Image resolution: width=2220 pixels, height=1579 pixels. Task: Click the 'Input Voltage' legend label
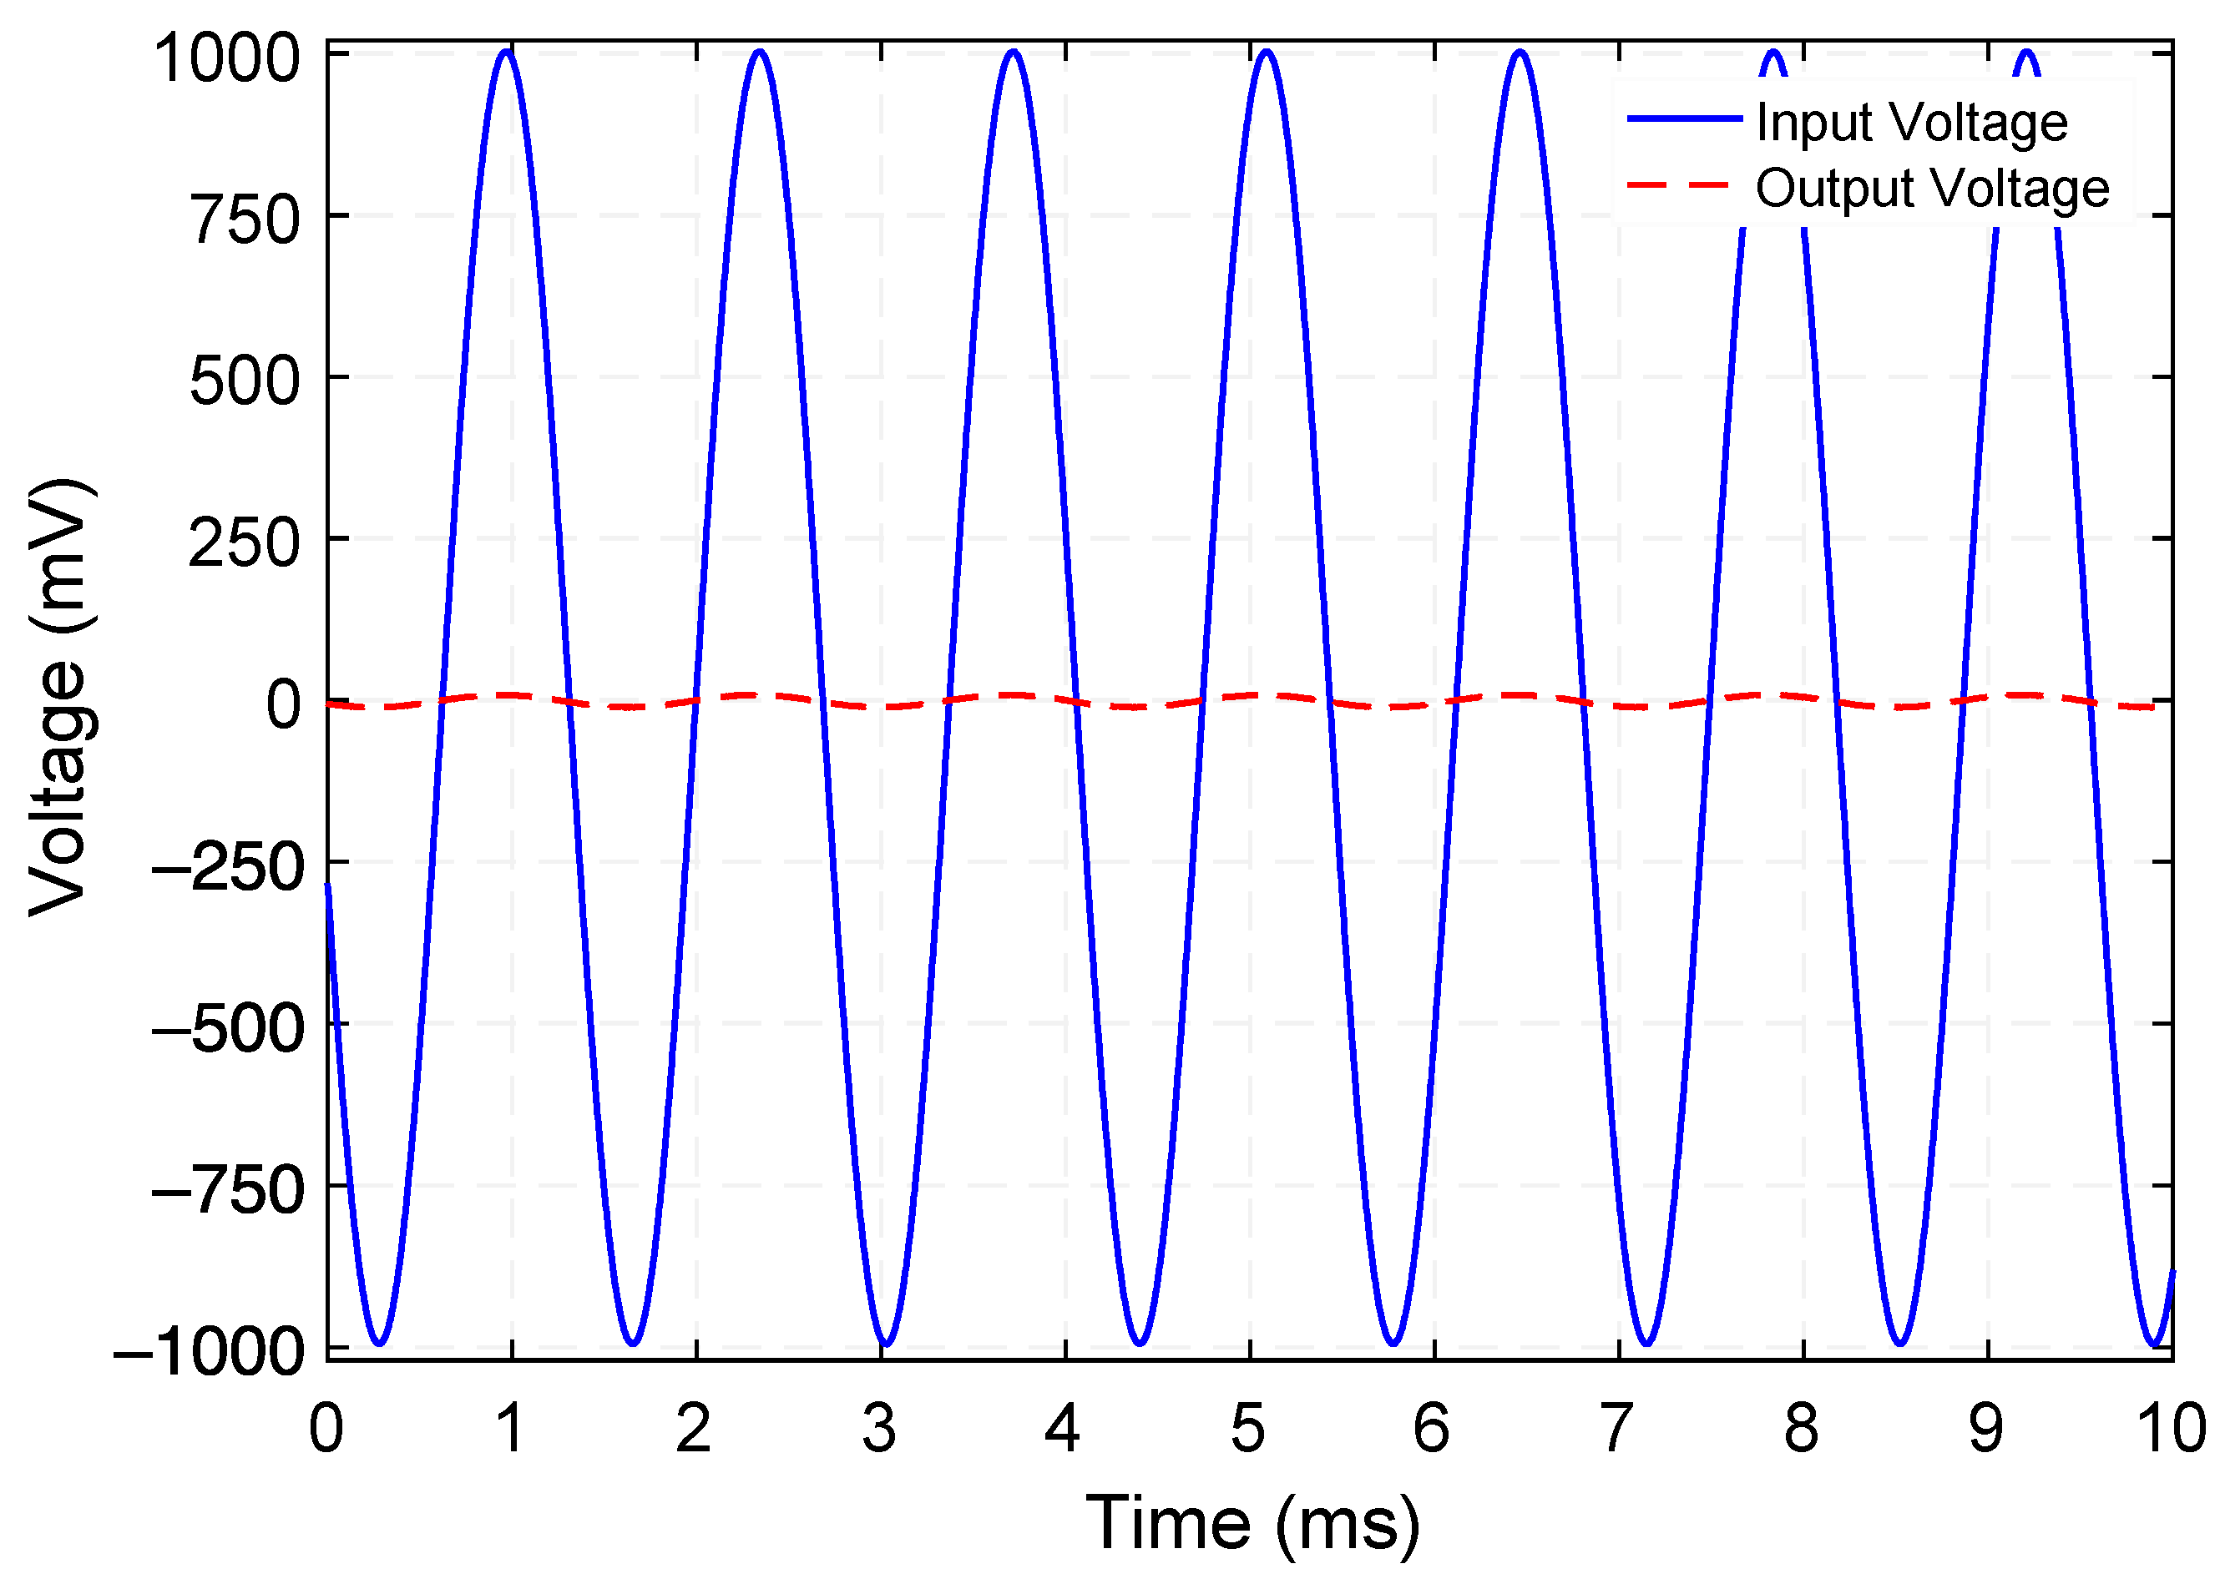(x=1911, y=124)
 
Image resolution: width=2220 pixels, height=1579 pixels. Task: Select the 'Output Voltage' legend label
(x=1932, y=189)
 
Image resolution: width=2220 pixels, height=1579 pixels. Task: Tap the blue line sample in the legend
(x=1684, y=119)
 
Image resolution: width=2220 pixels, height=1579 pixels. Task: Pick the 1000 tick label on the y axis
(x=228, y=58)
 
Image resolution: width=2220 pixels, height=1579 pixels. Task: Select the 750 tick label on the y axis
(x=245, y=219)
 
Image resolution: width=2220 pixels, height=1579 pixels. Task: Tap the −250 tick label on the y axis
(x=229, y=866)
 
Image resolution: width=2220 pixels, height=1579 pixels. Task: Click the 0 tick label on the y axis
(x=284, y=705)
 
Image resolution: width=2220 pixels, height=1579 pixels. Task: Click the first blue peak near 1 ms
(x=506, y=52)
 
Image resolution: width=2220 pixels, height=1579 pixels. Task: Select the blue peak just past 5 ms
(x=1266, y=52)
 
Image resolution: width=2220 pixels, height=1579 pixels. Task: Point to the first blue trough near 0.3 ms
(x=379, y=1343)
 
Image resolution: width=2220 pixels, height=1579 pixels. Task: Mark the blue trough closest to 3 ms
(x=886, y=1343)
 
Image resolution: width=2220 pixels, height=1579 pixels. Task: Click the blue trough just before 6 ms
(x=1393, y=1343)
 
